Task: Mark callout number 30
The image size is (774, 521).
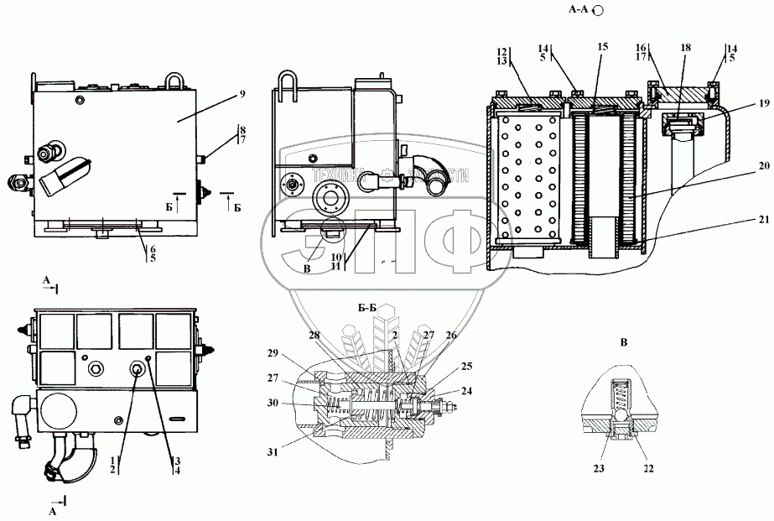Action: pyautogui.click(x=273, y=403)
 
